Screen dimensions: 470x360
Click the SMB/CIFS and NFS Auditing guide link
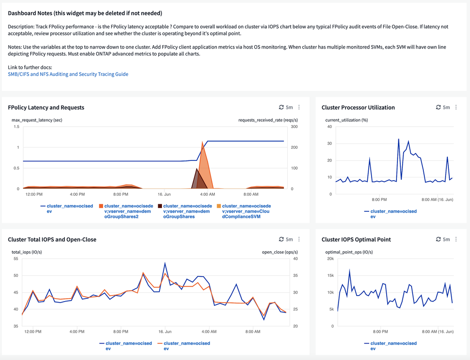[x=68, y=74]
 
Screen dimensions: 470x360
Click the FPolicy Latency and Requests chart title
[x=46, y=107]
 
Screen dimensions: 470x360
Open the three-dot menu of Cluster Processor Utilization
[x=456, y=107]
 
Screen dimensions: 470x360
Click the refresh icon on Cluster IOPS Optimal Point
[x=438, y=240]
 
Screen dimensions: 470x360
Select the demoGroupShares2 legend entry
[x=126, y=211]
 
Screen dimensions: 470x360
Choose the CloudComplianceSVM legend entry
[x=243, y=211]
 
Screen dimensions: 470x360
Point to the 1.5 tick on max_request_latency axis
[x=16, y=127]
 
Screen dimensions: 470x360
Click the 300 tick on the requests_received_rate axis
[x=294, y=127]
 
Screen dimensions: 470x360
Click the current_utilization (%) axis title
[x=347, y=120]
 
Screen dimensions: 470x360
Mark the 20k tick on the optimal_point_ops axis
[x=330, y=259]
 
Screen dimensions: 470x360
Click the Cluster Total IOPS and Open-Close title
[x=52, y=240]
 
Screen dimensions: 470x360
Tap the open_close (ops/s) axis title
[x=280, y=252]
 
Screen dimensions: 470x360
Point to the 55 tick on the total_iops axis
[x=16, y=259]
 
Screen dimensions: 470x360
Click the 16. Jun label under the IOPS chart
[x=165, y=332]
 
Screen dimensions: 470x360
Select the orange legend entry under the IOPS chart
[x=184, y=345]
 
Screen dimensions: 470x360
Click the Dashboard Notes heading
[x=85, y=13]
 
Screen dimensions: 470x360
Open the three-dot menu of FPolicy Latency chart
[x=299, y=107]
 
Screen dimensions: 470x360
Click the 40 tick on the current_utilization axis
[x=329, y=127]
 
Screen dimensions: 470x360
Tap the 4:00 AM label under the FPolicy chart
[x=207, y=194]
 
